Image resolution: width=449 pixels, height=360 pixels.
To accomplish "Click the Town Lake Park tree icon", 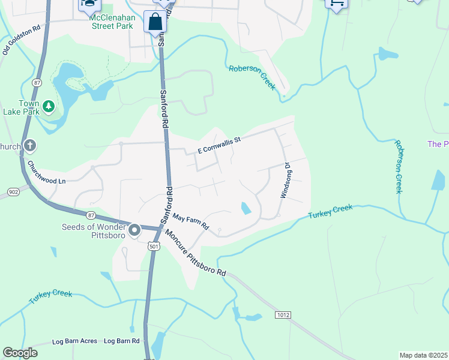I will pos(49,107).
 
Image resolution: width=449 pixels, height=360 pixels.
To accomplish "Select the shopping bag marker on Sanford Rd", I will pos(155,22).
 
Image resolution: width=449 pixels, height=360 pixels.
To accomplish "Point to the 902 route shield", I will pos(12,192).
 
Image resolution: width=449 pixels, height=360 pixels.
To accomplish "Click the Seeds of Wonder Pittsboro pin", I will pos(134,230).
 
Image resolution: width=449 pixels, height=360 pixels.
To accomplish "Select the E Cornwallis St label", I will pos(219,145).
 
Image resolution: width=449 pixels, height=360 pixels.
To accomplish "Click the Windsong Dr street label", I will pos(286,180).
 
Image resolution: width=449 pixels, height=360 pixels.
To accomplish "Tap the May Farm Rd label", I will pos(189,221).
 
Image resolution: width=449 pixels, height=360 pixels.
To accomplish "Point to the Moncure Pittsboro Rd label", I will pos(195,254).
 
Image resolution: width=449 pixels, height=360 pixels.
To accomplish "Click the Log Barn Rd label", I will pos(121,341).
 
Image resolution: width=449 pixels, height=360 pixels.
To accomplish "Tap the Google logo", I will pos(20,353).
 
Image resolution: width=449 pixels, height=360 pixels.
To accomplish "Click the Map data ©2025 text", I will pos(423,355).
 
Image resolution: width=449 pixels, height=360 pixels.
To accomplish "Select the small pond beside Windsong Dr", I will pos(246,209).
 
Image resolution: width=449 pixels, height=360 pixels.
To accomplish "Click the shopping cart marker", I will pos(336,4).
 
